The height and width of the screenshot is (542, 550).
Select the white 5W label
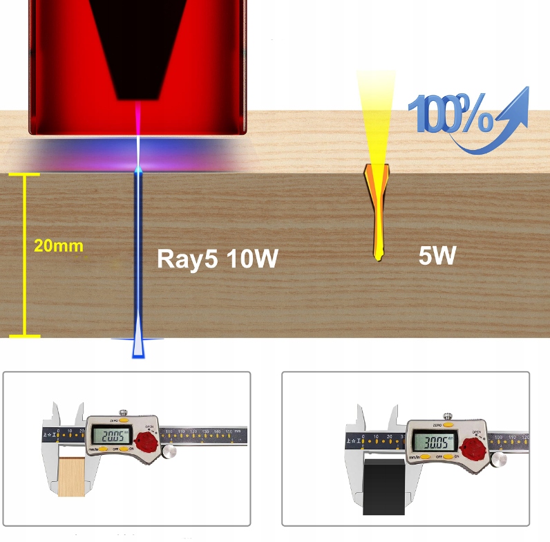(437, 256)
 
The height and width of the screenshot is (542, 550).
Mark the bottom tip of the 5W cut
(377, 259)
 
